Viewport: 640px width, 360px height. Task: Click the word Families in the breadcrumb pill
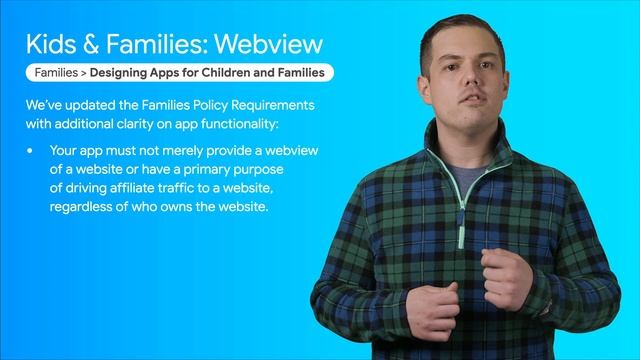tap(56, 73)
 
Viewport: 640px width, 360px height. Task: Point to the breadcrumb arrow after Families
tap(85, 73)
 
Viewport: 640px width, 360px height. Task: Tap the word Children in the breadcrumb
tap(223, 73)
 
